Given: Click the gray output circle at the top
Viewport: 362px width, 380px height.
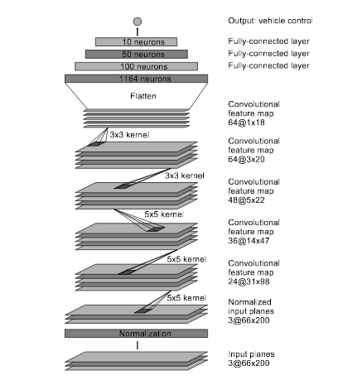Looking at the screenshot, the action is (x=138, y=22).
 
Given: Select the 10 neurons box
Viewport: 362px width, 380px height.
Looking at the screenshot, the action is (x=136, y=42).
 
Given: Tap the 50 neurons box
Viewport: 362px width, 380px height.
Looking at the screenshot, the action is (x=137, y=54).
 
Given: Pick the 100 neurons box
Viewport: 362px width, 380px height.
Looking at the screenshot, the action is (x=136, y=66).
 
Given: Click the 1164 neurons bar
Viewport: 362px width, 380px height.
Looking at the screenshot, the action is (x=136, y=79).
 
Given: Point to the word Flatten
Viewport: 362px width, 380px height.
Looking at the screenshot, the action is (x=143, y=96).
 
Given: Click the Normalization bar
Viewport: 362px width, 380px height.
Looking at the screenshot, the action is (x=136, y=334).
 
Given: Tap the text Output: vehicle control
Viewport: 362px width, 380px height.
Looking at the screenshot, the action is (x=270, y=21).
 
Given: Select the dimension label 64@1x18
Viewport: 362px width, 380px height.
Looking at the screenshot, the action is (x=246, y=123).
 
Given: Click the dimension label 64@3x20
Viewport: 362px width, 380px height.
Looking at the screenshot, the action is (x=246, y=159).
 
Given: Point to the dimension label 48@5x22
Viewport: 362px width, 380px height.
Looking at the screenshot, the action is (x=246, y=200).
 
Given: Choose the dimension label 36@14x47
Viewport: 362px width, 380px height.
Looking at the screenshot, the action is (x=249, y=241).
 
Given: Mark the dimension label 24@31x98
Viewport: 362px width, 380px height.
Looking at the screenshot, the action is (x=249, y=281).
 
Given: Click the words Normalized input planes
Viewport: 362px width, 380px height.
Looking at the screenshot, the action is (x=251, y=306).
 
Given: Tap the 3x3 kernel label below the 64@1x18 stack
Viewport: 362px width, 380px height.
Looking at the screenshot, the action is (x=129, y=135).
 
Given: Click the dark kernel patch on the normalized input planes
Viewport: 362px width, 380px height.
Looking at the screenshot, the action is (x=143, y=311).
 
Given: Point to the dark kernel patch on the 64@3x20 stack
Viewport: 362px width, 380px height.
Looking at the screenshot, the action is (x=96, y=144).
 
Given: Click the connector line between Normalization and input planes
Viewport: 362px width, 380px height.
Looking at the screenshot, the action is (x=138, y=345).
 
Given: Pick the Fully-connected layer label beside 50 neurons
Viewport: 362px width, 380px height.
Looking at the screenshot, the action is (x=268, y=54).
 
